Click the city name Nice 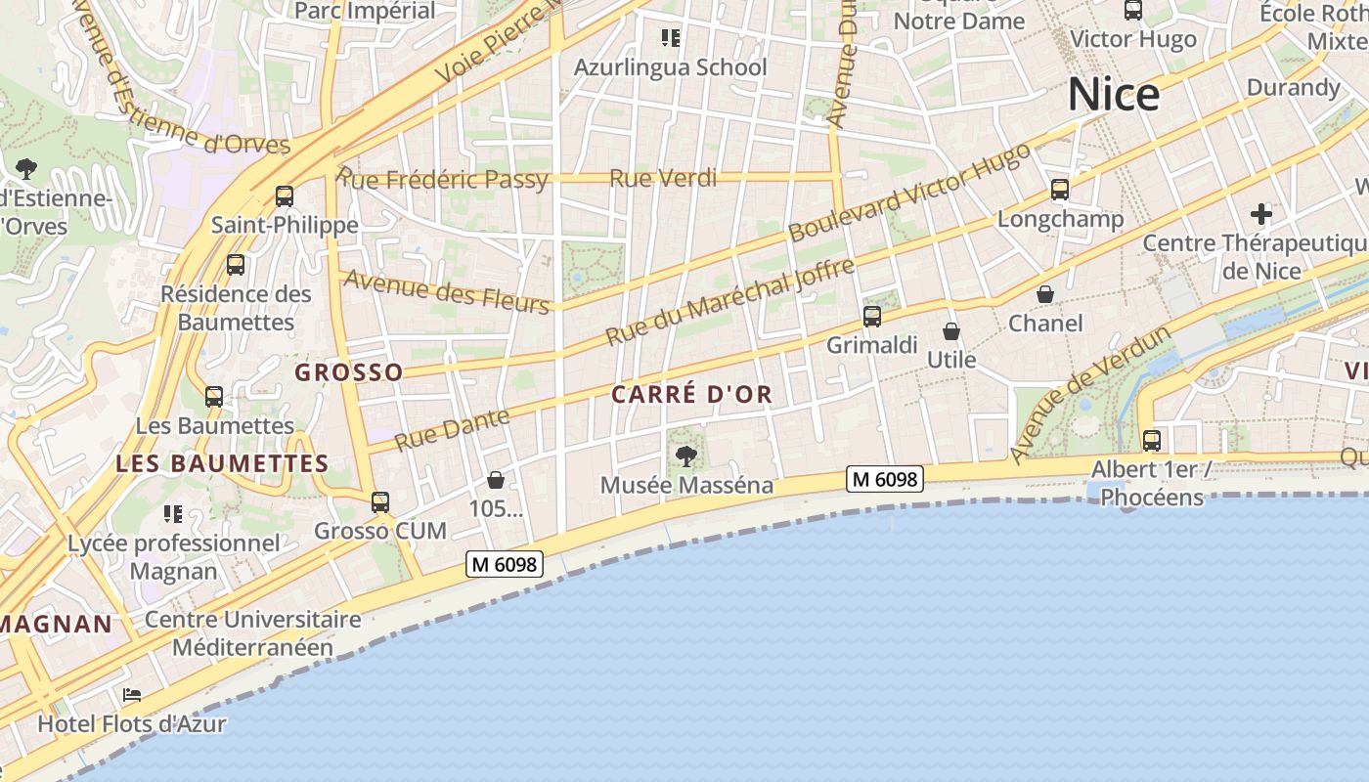[x=1114, y=94]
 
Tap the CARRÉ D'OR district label [x=691, y=395]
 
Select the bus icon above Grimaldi [x=871, y=317]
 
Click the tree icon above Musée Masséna [x=686, y=455]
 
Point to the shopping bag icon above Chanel [x=1045, y=294]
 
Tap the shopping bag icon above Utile [x=951, y=331]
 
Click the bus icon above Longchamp [x=1060, y=190]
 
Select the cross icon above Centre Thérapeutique [x=1261, y=213]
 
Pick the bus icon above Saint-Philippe [x=285, y=196]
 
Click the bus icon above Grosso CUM [x=380, y=502]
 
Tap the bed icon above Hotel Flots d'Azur [x=132, y=695]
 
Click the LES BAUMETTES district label [x=222, y=463]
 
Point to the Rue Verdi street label [x=663, y=178]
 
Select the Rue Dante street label [x=452, y=429]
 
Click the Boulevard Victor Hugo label [x=909, y=192]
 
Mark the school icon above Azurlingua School [x=670, y=38]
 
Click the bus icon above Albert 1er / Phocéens [x=1152, y=441]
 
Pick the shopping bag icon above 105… [x=496, y=480]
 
